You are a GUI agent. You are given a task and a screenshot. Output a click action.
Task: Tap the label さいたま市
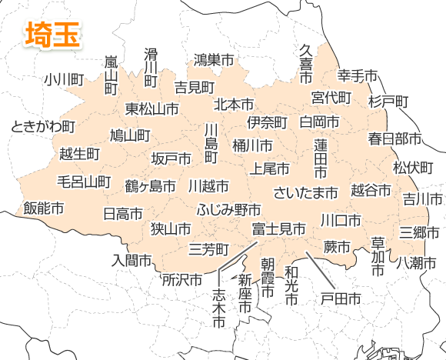click(x=306, y=192)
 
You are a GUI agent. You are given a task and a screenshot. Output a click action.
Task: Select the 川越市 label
click(x=208, y=186)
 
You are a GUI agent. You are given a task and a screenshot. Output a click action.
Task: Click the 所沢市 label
click(x=182, y=279)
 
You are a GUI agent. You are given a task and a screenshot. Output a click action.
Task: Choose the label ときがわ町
click(x=43, y=126)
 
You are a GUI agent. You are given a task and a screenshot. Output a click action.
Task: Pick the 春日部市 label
click(x=394, y=139)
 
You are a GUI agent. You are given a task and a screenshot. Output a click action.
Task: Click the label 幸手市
click(x=358, y=75)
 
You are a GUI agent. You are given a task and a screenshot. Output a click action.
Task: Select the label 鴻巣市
click(x=214, y=58)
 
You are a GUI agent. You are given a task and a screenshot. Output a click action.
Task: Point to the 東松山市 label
click(x=152, y=108)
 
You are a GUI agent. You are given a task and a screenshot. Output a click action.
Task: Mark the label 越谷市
click(x=370, y=189)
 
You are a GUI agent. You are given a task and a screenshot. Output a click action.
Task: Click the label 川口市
click(x=341, y=220)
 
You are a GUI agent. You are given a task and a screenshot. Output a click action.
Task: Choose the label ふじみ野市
click(x=228, y=209)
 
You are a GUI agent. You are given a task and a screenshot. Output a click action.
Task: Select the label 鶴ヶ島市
click(x=151, y=185)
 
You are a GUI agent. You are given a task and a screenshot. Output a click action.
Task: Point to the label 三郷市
click(x=419, y=231)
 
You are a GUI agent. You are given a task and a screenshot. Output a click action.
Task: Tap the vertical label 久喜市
click(x=305, y=64)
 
